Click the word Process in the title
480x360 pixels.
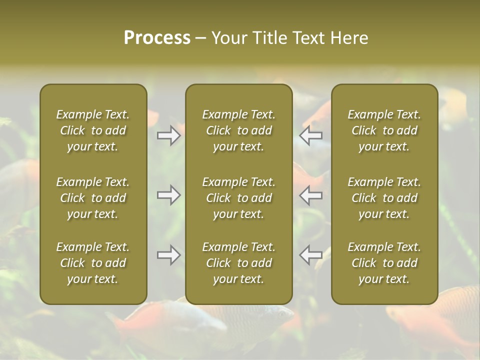click(157, 38)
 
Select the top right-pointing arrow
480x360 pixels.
click(169, 135)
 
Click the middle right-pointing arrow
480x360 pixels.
click(169, 195)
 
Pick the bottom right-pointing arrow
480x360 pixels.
click(169, 255)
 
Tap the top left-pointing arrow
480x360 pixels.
click(310, 135)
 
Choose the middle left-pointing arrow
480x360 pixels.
click(310, 195)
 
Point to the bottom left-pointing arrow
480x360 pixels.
click(310, 255)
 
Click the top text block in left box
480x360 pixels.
click(93, 130)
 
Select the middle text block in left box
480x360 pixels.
click(93, 198)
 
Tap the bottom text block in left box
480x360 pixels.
click(93, 263)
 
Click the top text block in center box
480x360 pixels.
click(239, 130)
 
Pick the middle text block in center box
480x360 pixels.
click(239, 198)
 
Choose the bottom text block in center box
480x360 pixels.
click(239, 263)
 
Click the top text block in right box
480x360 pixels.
click(384, 130)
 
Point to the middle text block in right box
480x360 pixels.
click(384, 198)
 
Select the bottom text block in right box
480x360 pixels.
click(384, 263)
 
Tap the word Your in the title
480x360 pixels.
click(228, 38)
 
